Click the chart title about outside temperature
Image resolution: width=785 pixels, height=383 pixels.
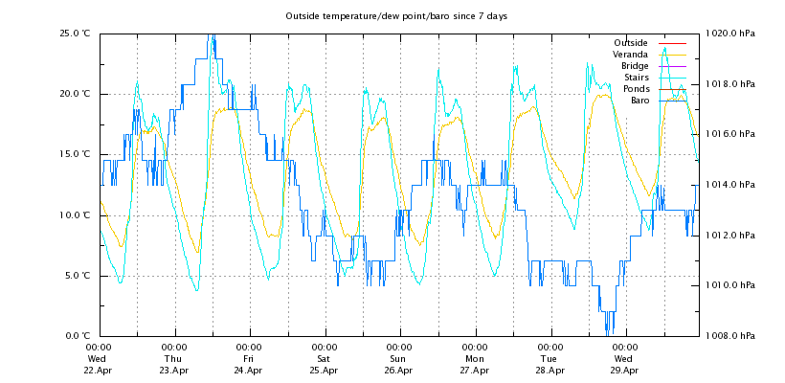[x=395, y=16]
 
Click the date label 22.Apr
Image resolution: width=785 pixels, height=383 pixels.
[x=98, y=370]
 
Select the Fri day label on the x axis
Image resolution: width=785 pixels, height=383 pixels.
[x=248, y=359]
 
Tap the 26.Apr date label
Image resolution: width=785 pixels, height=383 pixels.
[x=399, y=370]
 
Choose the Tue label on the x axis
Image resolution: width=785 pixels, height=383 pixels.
[x=549, y=359]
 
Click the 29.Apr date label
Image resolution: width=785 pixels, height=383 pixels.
[x=624, y=370]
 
